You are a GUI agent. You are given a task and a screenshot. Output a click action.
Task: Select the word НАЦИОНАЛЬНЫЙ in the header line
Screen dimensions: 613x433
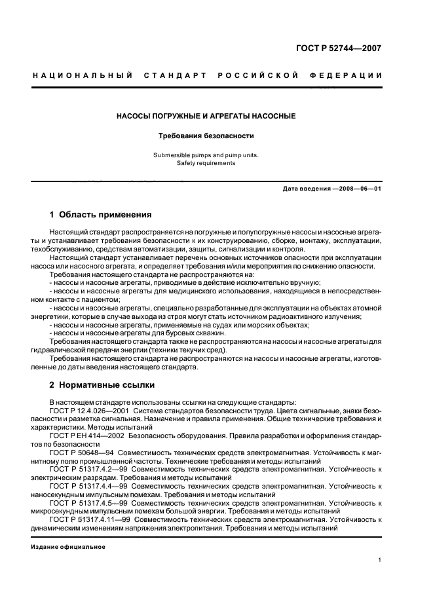pos(82,76)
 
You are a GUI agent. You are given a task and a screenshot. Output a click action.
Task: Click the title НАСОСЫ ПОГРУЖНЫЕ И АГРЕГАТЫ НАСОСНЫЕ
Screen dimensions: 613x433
pos(206,116)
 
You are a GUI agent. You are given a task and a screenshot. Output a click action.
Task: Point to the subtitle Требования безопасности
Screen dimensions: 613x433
pos(206,136)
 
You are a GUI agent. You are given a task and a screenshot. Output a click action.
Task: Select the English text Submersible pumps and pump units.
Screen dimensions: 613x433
pos(206,155)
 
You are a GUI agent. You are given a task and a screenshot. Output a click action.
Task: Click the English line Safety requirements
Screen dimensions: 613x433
pos(206,163)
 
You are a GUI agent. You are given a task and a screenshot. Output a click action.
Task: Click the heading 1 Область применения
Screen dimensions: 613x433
pos(101,214)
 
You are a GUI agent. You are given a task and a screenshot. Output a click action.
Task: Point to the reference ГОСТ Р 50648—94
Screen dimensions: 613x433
pos(78,453)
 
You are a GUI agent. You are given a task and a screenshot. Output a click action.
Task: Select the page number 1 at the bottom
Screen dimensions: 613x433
pos(379,560)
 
